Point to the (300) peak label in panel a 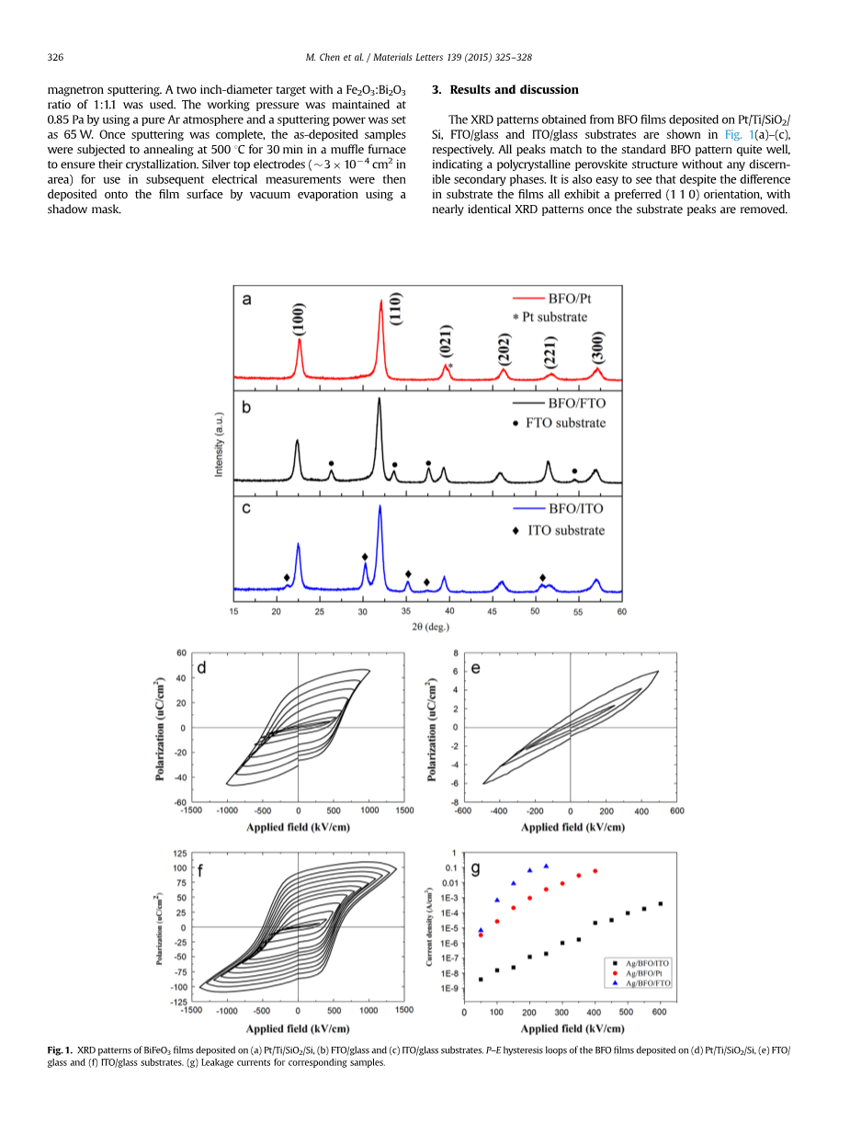coord(597,347)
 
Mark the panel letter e coord(475,668)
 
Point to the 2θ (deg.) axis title coord(430,627)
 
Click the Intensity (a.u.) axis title coord(220,443)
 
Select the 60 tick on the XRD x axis coord(621,611)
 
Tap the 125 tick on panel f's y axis coord(180,854)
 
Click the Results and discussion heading coord(504,89)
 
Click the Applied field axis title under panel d coord(298,827)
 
